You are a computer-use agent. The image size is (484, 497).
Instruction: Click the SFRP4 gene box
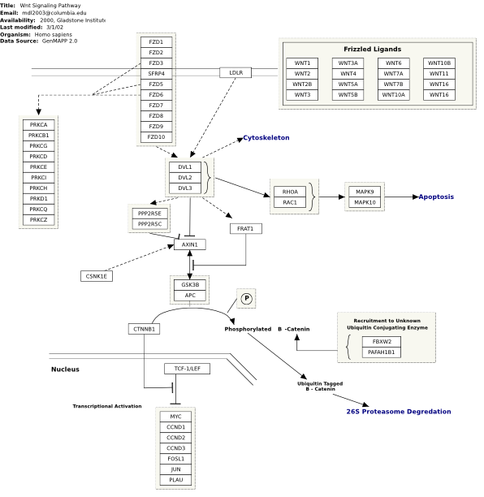pyautogui.click(x=156, y=74)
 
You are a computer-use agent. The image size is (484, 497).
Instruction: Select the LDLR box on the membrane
pyautogui.click(x=236, y=72)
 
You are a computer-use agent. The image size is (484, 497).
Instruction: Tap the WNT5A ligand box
pyautogui.click(x=348, y=84)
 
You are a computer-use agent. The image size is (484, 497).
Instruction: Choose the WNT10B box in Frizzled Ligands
pyautogui.click(x=439, y=63)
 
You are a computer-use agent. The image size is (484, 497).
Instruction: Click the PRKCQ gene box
pyautogui.click(x=39, y=210)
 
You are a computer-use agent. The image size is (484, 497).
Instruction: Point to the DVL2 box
pyautogui.click(x=185, y=178)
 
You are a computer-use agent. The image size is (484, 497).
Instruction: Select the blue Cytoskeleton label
pyautogui.click(x=266, y=138)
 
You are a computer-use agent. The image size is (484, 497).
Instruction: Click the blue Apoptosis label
pyautogui.click(x=436, y=197)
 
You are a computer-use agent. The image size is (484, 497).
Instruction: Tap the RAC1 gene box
pyautogui.click(x=290, y=202)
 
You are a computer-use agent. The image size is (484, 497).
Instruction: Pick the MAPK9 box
pyautogui.click(x=365, y=192)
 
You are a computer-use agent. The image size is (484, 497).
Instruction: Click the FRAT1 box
pyautogui.click(x=245, y=228)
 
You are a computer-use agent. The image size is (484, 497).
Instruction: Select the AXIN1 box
pyautogui.click(x=190, y=244)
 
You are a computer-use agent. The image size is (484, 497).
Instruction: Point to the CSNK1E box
pyautogui.click(x=97, y=276)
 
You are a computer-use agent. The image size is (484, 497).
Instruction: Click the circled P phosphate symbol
pyautogui.click(x=246, y=298)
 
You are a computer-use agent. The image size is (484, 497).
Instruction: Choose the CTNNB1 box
pyautogui.click(x=144, y=329)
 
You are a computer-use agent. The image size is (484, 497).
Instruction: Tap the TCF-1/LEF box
pyautogui.click(x=187, y=369)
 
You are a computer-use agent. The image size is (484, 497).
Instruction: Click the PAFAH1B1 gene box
pyautogui.click(x=382, y=352)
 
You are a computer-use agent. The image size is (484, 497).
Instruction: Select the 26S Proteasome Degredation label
pyautogui.click(x=399, y=412)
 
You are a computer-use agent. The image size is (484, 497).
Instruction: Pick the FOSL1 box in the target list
pyautogui.click(x=176, y=459)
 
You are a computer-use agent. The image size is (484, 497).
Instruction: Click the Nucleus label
pyautogui.click(x=65, y=370)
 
